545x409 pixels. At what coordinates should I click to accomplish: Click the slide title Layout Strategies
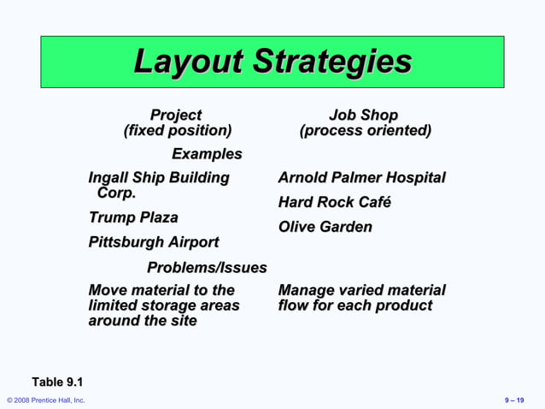tap(272, 62)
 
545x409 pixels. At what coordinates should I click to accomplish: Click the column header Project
tap(176, 115)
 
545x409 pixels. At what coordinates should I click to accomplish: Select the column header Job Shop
tap(364, 115)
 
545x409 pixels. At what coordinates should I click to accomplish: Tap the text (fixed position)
tap(178, 131)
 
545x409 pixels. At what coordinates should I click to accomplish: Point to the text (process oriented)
tap(365, 131)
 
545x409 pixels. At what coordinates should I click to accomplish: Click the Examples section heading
tap(207, 154)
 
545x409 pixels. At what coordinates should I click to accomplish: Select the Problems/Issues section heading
tap(207, 268)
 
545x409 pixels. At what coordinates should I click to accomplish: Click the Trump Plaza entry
tap(133, 217)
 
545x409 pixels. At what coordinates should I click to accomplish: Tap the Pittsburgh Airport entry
tap(154, 242)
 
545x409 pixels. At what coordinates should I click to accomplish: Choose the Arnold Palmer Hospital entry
tap(361, 178)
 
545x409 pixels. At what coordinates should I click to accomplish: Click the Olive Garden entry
tap(325, 227)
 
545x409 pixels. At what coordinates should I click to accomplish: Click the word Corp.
tap(116, 193)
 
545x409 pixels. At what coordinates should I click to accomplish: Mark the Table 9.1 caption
tap(57, 382)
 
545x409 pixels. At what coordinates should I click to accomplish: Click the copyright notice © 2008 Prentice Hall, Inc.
tap(46, 400)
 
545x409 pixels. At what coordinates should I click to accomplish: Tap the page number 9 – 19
tap(515, 400)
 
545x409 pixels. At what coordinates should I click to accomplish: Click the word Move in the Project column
tap(108, 291)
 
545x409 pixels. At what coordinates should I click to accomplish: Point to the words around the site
tap(142, 321)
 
